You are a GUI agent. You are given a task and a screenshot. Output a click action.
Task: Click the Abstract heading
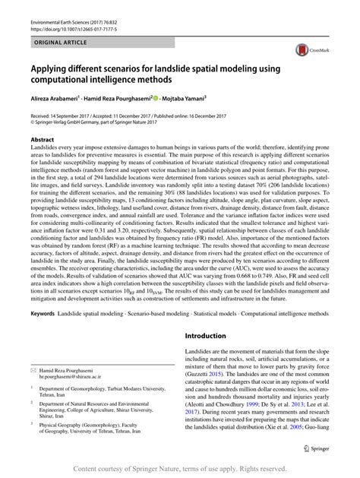tap(42, 141)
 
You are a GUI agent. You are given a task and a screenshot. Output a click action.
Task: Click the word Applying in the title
tap(50, 67)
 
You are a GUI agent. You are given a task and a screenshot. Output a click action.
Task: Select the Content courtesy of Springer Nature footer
tap(180, 470)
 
